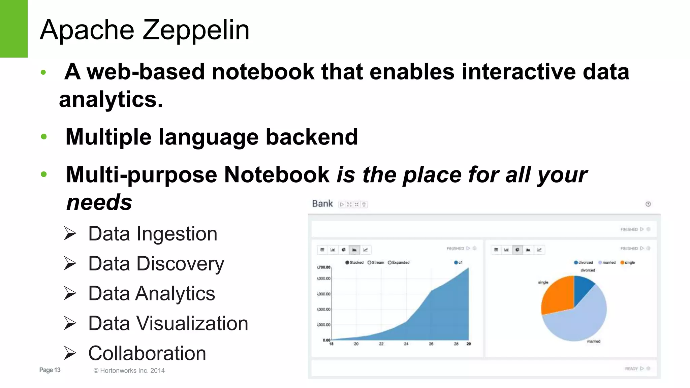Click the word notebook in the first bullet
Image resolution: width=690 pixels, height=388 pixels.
[263, 72]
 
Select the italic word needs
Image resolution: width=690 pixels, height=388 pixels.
[99, 202]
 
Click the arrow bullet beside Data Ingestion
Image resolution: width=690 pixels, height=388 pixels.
[70, 233]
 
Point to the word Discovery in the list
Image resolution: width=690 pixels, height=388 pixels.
[180, 264]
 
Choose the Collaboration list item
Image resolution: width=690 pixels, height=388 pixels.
[147, 353]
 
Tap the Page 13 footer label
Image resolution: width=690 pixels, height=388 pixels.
[50, 370]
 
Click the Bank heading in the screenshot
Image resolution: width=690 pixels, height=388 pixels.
[322, 204]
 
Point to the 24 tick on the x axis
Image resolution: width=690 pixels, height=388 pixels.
[406, 344]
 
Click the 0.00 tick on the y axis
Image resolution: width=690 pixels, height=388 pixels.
[326, 340]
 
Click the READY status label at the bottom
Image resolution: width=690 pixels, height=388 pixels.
[631, 368]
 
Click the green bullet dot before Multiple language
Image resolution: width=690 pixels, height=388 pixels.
[43, 137]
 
